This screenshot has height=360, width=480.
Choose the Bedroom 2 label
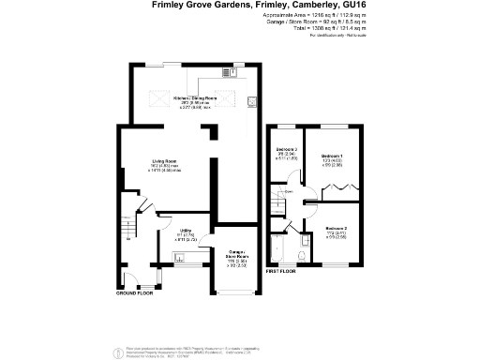pos(337,229)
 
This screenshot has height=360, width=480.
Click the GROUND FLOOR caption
pos(134,293)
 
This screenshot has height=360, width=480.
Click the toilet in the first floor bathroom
pos(301,253)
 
